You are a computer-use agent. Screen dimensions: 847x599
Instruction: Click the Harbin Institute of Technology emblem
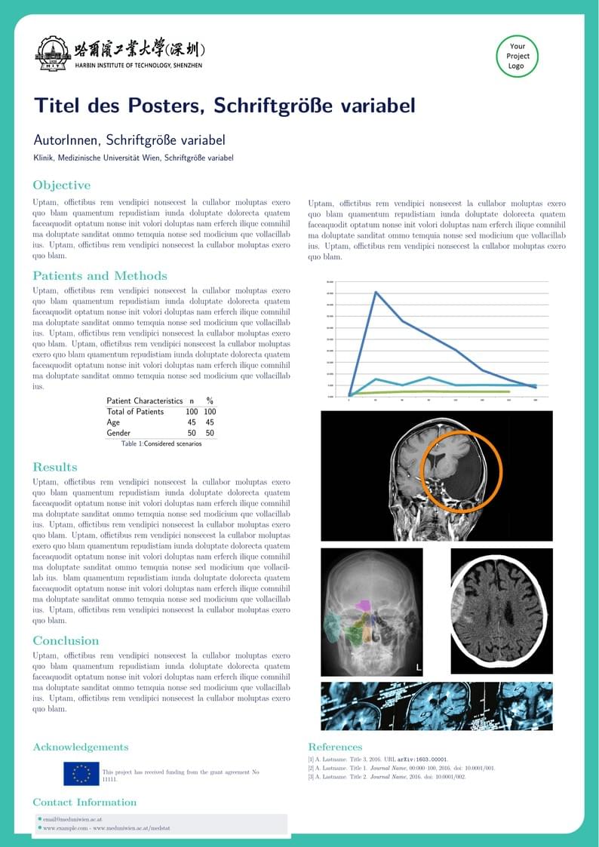52,54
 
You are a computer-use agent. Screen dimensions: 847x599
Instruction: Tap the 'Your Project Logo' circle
517,56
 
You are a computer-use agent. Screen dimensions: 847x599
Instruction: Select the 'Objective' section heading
61,186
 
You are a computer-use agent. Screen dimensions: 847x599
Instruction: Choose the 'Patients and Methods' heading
100,276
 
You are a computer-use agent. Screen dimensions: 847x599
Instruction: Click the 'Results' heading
54,468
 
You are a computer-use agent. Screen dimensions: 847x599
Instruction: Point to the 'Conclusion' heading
66,641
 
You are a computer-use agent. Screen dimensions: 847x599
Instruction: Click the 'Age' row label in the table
113,422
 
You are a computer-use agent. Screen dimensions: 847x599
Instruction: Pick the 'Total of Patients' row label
135,412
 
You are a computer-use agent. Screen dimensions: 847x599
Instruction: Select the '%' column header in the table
210,400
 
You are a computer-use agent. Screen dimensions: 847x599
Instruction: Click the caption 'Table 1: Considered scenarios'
161,444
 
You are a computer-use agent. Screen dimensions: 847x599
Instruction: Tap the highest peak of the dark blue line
376,292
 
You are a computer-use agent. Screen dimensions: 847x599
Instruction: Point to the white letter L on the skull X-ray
419,667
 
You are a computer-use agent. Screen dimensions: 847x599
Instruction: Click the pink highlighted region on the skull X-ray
364,605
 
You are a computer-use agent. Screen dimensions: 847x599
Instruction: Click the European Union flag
81,773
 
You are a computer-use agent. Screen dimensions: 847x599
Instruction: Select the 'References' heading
335,747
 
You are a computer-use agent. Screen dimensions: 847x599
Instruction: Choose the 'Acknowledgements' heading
80,747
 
